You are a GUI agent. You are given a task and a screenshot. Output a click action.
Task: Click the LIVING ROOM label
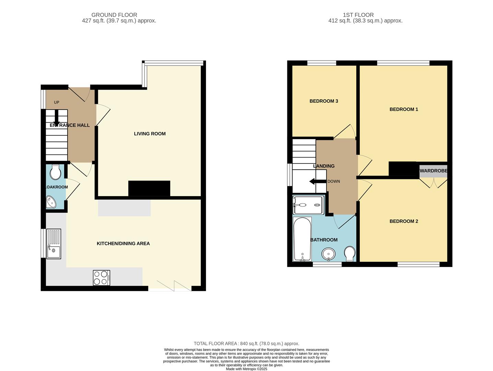[x=150, y=134]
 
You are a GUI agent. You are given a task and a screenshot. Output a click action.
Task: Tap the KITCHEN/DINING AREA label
[x=123, y=244]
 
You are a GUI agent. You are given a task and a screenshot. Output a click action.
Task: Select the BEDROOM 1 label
[x=404, y=109]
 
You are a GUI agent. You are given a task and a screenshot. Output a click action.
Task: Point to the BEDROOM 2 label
[x=404, y=221]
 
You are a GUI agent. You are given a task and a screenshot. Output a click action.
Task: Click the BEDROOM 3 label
[x=324, y=101]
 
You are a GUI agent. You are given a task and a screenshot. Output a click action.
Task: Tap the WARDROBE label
[x=433, y=171]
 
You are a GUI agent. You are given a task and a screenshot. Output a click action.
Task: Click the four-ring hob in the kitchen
[x=102, y=278]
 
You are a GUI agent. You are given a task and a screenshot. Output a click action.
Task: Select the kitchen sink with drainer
[x=54, y=244]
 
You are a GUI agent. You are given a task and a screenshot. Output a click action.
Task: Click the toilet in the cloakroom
[x=55, y=172]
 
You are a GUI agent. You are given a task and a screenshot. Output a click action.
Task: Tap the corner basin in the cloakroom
[x=51, y=202]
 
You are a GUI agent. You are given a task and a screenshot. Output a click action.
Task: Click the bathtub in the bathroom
[x=302, y=239]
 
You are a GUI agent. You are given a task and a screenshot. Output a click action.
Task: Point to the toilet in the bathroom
[x=349, y=254]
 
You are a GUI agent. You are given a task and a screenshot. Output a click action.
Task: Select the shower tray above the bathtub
[x=308, y=205]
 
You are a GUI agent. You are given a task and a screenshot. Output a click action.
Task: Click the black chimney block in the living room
[x=149, y=188]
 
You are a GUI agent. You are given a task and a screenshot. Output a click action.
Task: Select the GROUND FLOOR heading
[x=114, y=15]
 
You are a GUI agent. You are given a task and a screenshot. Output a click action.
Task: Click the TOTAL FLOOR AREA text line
[x=246, y=344]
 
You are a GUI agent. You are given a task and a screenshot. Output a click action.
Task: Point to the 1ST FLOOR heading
[x=358, y=15]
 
